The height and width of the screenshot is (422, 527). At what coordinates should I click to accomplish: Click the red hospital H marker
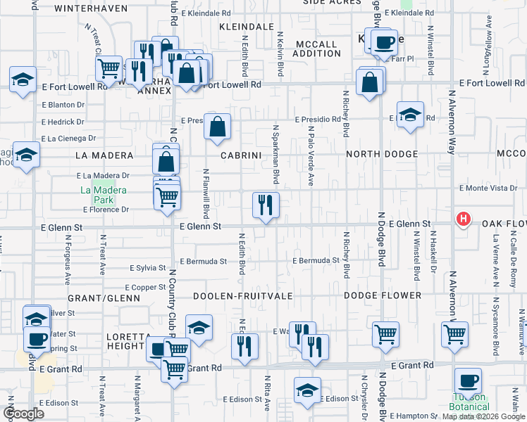tap(463, 219)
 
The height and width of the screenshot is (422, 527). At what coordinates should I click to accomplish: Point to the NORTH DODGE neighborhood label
tap(382, 154)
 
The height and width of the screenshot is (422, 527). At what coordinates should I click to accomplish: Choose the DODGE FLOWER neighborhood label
tap(383, 296)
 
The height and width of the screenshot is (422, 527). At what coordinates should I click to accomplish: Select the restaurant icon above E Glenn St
tap(266, 205)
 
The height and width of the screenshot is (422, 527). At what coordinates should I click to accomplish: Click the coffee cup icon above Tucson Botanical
tap(468, 381)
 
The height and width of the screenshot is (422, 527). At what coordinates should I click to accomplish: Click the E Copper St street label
tap(145, 288)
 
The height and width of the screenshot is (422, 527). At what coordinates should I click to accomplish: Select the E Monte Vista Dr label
tap(488, 188)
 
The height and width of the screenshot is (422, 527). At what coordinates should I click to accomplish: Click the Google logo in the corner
tap(23, 414)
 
